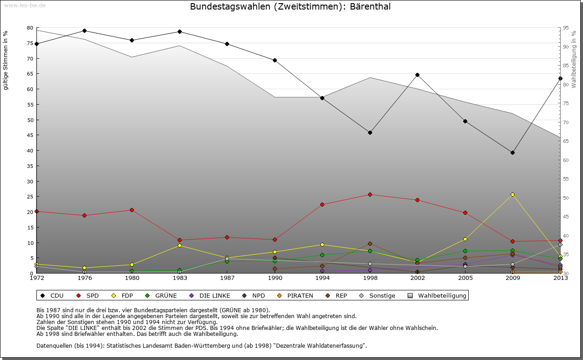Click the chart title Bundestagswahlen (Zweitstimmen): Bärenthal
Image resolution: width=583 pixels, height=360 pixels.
coord(290,7)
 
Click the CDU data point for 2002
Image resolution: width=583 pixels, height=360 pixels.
coord(417,75)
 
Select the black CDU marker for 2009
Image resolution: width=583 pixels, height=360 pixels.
coord(512,152)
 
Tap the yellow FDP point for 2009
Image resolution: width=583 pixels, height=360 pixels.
coord(512,194)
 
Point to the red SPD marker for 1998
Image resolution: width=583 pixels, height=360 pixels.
coord(370,194)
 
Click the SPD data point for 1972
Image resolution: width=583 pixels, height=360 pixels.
coord(37,211)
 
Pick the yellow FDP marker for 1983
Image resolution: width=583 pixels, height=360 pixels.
coord(179,245)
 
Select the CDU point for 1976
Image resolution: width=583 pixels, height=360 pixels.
coord(84,30)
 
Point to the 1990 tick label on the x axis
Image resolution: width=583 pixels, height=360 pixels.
coord(275,278)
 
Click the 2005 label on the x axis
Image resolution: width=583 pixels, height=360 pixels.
coord(465,278)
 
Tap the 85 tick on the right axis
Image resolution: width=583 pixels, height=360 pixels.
coord(565,66)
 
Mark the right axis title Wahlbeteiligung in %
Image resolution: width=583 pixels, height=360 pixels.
coord(574,60)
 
